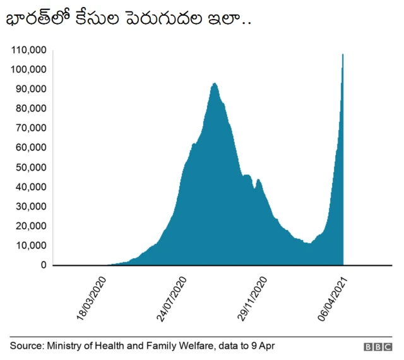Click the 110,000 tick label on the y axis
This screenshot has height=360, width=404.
coord(28,49)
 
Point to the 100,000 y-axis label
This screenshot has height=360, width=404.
coord(28,69)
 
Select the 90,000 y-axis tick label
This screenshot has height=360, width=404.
coord(30,88)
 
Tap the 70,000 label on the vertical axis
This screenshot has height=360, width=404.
coord(30,128)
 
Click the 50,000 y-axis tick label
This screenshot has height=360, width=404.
coord(30,167)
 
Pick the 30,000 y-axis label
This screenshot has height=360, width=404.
coord(30,206)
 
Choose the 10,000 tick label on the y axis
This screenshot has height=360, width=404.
coord(30,245)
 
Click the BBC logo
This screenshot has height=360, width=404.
coord(377,347)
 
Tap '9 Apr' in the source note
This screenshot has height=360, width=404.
coord(262,346)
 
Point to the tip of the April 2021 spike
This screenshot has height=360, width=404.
coord(343,54)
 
